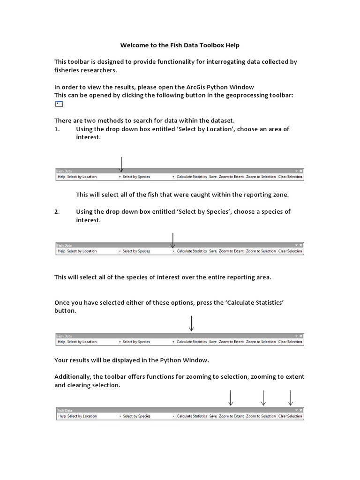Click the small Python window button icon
pos(59,104)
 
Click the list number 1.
pos(57,129)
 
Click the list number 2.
pos(57,212)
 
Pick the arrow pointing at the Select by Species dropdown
pos(173,240)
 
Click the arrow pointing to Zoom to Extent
pos(231,398)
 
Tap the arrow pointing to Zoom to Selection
pos(263,398)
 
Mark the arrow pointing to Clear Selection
pos(291,398)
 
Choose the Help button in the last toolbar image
pos(61,416)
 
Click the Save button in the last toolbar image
pos(213,416)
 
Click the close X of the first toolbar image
pos(301,172)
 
